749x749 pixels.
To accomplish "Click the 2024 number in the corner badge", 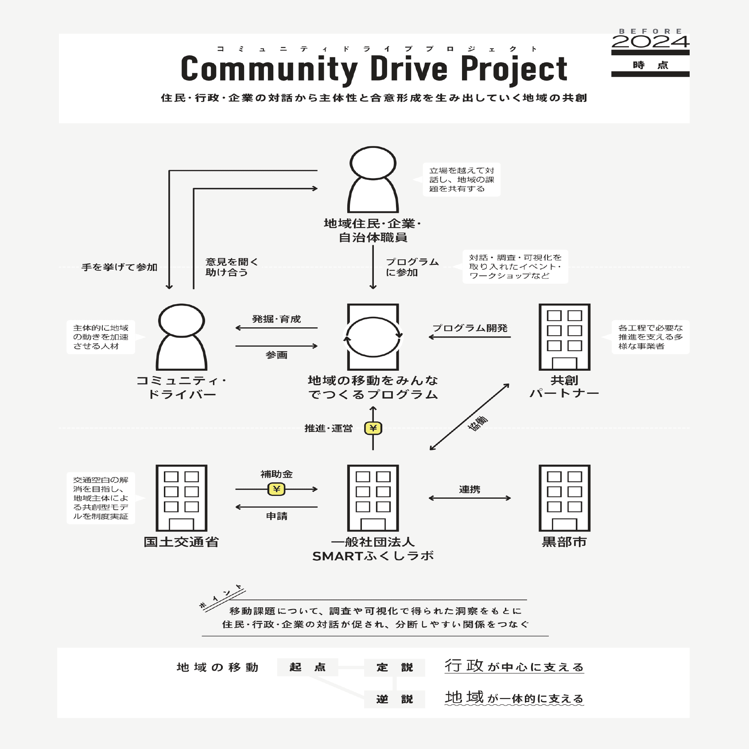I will pyautogui.click(x=650, y=42).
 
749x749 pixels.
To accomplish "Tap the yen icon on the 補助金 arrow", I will pyautogui.click(x=276, y=489).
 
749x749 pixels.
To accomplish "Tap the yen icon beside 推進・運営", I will pyautogui.click(x=373, y=428).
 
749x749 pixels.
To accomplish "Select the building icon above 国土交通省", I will pyautogui.click(x=182, y=497).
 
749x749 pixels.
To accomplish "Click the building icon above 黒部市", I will pyautogui.click(x=564, y=497).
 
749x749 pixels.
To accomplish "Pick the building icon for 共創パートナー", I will pyautogui.click(x=564, y=337).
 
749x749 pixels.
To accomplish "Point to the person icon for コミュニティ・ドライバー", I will pyautogui.click(x=182, y=337).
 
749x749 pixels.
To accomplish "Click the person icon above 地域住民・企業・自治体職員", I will pyautogui.click(x=373, y=179).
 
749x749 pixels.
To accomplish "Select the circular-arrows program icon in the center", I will pyautogui.click(x=373, y=337).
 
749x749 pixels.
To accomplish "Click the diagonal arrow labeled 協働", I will pyautogui.click(x=470, y=417).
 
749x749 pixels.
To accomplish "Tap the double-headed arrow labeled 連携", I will pyautogui.click(x=470, y=498).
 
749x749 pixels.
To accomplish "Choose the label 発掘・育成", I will pyautogui.click(x=276, y=319).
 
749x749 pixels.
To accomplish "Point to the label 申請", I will pyautogui.click(x=276, y=516).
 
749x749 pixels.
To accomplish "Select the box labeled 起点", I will pyautogui.click(x=307, y=667).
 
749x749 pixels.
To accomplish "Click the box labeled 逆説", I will pyautogui.click(x=394, y=699).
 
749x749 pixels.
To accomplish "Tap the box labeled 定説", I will pyautogui.click(x=394, y=667).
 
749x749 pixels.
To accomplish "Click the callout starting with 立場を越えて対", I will pyautogui.click(x=461, y=179).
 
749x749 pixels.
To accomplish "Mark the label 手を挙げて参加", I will pyautogui.click(x=119, y=267).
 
